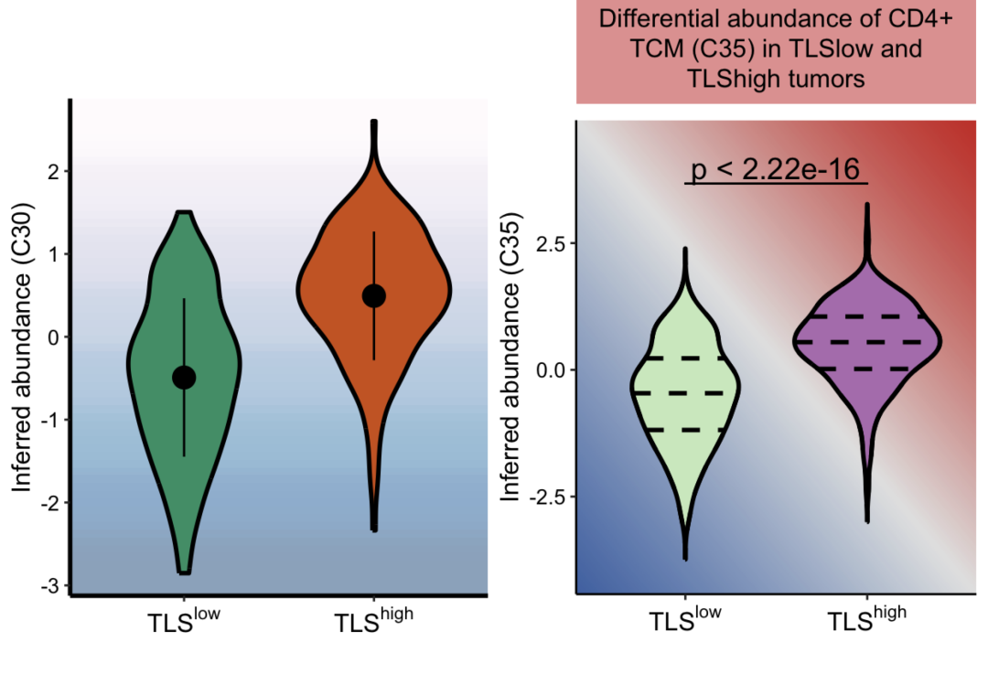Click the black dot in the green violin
pyautogui.click(x=184, y=377)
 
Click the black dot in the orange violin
pyautogui.click(x=373, y=295)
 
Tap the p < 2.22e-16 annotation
pyautogui.click(x=776, y=170)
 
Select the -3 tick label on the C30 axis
pyautogui.click(x=51, y=585)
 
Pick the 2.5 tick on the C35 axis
pyautogui.click(x=551, y=242)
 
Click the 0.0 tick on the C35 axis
pyautogui.click(x=551, y=369)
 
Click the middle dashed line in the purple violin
pyautogui.click(x=866, y=341)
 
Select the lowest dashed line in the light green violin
pyautogui.click(x=685, y=429)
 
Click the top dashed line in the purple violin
pyautogui.click(x=866, y=316)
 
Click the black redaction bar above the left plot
pyautogui.click(x=243, y=22)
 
